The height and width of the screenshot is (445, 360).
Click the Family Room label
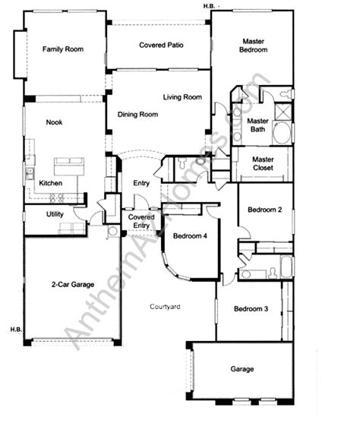click(x=63, y=49)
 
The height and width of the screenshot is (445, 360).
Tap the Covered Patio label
click(x=161, y=45)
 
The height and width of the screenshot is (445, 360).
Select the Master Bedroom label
click(x=253, y=46)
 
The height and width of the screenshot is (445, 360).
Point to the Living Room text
click(x=182, y=97)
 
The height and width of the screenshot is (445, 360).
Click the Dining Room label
click(x=137, y=115)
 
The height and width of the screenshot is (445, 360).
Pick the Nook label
click(x=54, y=122)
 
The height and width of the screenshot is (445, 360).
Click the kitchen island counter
click(x=69, y=166)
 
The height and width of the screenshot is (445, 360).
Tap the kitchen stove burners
click(x=56, y=197)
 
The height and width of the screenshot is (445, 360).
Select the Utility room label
click(x=55, y=214)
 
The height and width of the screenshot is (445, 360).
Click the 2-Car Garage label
click(x=73, y=284)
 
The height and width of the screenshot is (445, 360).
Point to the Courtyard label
click(x=165, y=307)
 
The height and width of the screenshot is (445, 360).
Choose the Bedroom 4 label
click(x=190, y=236)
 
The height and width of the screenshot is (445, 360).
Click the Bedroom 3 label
click(x=251, y=308)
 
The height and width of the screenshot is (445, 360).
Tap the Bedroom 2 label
click(x=264, y=210)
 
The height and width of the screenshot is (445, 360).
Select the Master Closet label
click(x=263, y=163)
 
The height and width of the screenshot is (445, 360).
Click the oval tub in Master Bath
click(x=283, y=133)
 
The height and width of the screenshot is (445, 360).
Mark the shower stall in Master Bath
click(x=283, y=112)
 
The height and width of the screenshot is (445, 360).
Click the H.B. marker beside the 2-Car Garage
click(x=16, y=330)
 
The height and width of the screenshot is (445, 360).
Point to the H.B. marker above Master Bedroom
click(x=209, y=6)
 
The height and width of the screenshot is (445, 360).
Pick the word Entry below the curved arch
click(x=141, y=183)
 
